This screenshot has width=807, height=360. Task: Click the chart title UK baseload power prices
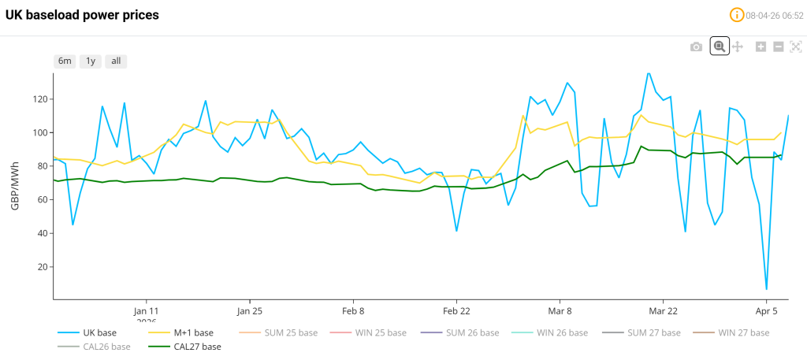[x=82, y=15]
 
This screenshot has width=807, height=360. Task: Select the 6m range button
[x=65, y=61]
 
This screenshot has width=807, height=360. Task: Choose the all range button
[x=116, y=61]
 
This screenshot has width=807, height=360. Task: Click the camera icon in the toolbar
[x=696, y=47]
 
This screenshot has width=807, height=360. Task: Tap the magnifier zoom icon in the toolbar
[x=719, y=46]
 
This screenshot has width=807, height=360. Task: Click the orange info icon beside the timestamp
[x=737, y=15]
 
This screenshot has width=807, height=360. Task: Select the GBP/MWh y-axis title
[x=16, y=183]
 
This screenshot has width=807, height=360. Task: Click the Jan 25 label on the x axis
[x=250, y=310]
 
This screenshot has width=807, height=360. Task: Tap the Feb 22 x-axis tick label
[x=456, y=310]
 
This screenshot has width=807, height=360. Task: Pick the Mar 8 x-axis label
[x=560, y=310]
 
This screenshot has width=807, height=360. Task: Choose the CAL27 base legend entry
[x=197, y=347]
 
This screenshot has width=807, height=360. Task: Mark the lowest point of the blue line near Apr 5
[x=766, y=289]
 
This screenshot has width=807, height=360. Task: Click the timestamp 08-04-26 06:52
[x=774, y=15]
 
